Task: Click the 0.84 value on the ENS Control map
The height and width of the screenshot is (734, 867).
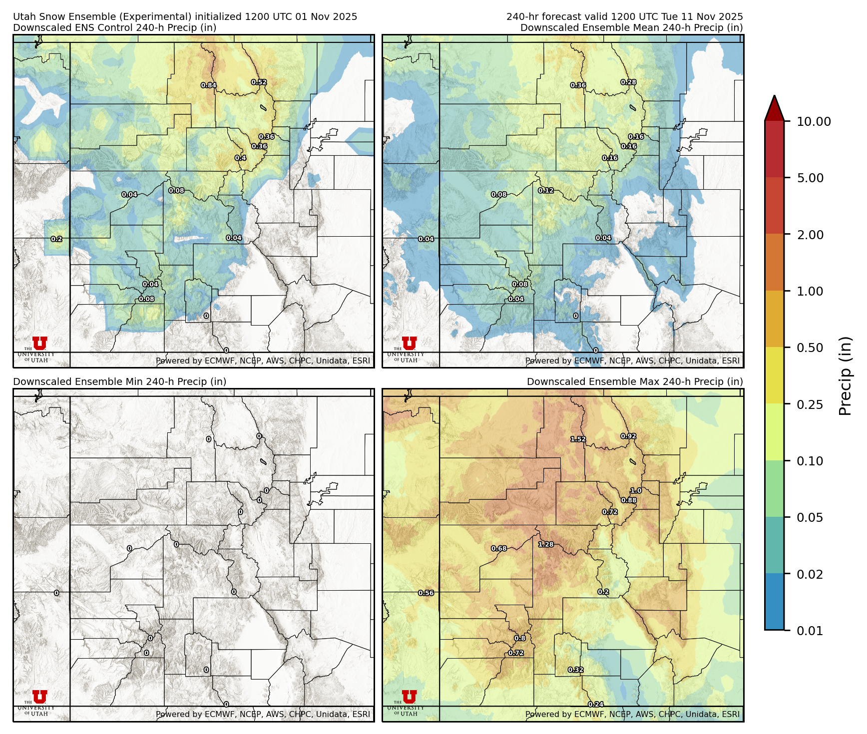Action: click(x=209, y=85)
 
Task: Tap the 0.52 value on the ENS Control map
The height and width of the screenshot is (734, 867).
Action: click(x=259, y=82)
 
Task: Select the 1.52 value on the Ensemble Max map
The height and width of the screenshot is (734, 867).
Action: click(x=578, y=439)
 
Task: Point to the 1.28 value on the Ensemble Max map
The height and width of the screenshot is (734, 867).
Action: click(x=546, y=545)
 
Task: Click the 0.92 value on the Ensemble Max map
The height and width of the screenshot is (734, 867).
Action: click(x=628, y=436)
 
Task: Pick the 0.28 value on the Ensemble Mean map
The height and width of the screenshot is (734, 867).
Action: click(x=628, y=82)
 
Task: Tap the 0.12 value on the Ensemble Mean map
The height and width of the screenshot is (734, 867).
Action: click(x=546, y=191)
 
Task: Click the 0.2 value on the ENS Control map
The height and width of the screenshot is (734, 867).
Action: click(x=57, y=239)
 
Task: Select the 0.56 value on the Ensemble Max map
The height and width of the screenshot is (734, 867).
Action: click(x=426, y=593)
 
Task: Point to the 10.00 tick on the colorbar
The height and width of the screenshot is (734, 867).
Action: click(x=814, y=121)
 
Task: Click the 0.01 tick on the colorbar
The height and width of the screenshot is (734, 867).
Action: click(x=810, y=631)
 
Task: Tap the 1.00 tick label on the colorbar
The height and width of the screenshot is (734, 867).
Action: click(x=810, y=291)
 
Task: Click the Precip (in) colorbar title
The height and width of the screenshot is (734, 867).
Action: click(x=845, y=376)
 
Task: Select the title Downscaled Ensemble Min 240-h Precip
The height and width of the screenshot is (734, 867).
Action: click(x=120, y=381)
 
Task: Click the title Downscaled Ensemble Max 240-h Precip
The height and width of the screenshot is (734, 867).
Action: click(x=635, y=381)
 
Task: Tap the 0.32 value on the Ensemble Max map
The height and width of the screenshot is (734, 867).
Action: click(x=576, y=670)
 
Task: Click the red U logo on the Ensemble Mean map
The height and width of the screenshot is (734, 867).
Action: click(x=409, y=343)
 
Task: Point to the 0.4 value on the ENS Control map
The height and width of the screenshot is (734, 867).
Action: click(x=241, y=158)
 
